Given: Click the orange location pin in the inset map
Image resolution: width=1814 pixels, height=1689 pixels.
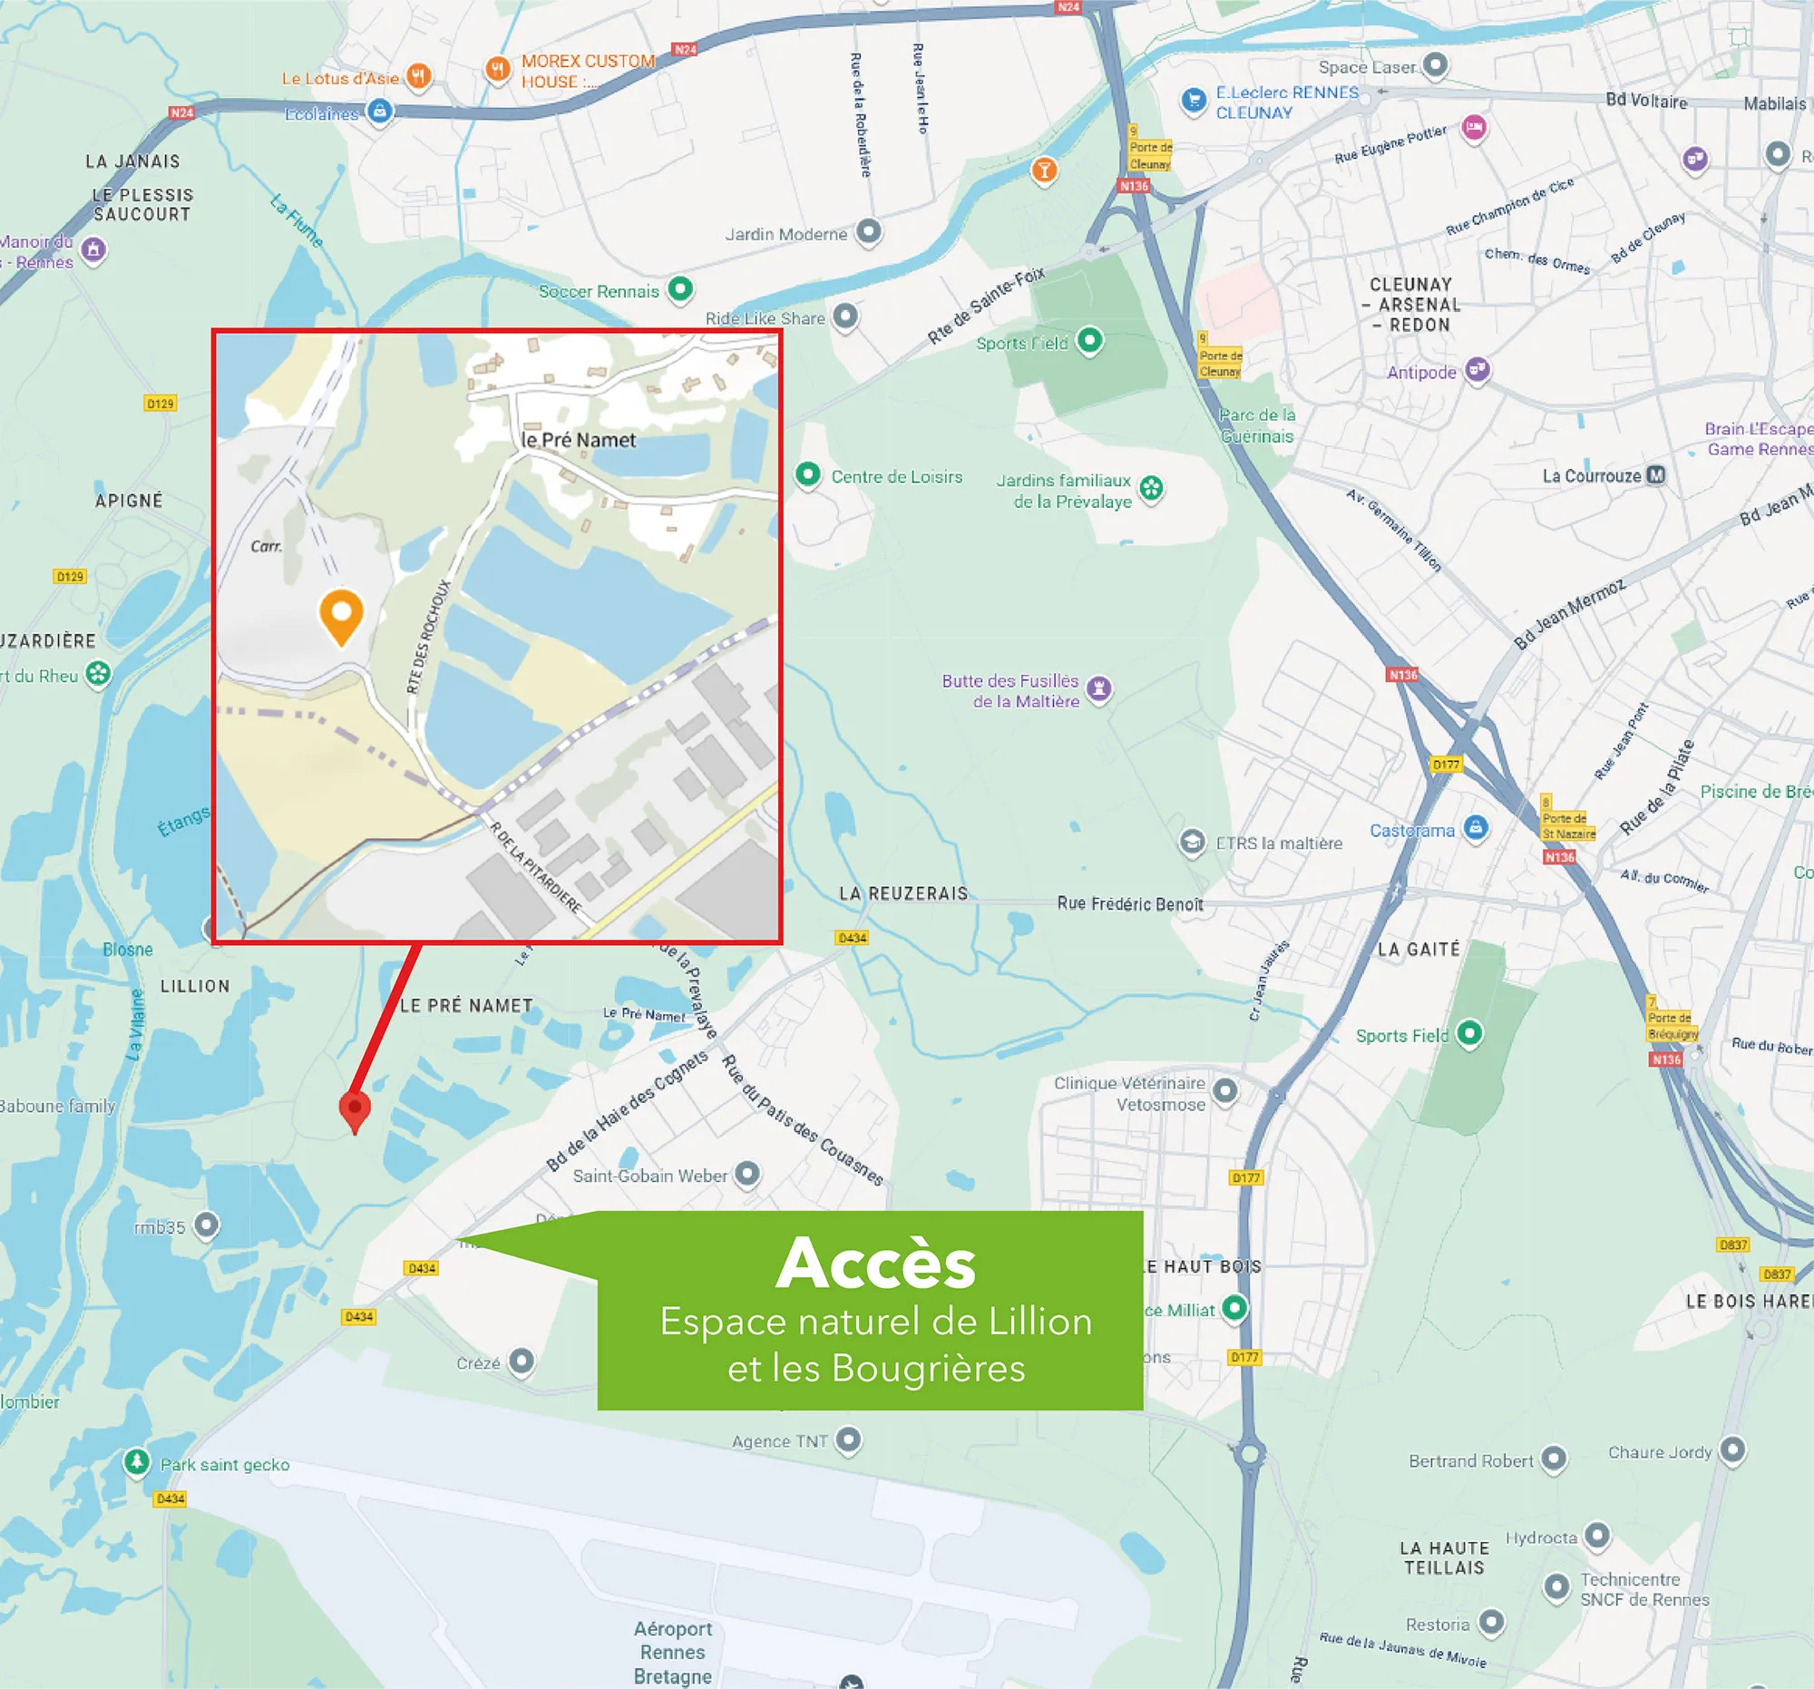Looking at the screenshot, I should [x=341, y=615].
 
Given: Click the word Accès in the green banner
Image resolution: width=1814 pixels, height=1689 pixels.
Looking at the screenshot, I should [x=876, y=1264].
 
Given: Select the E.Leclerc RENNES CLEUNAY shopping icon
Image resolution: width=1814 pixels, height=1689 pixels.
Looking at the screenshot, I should [x=1194, y=101].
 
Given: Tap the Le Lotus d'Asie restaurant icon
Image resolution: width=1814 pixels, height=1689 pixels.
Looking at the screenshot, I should [x=419, y=75].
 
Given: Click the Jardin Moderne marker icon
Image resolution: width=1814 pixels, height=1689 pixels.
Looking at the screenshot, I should [x=869, y=232].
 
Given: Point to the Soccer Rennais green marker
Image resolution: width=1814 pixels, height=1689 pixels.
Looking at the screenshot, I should [x=679, y=289].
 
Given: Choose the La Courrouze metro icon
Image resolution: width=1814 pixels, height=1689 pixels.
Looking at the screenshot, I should [x=1655, y=475].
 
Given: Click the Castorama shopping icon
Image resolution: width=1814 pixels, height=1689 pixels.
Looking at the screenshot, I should [x=1476, y=827].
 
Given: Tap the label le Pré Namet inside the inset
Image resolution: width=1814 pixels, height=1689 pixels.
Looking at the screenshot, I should [x=579, y=440].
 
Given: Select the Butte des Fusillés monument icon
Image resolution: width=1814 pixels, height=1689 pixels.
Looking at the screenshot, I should [x=1099, y=688].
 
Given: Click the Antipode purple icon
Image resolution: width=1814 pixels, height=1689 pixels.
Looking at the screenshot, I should [x=1478, y=369].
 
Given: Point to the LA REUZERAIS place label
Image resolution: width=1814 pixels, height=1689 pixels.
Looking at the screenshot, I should [x=903, y=893].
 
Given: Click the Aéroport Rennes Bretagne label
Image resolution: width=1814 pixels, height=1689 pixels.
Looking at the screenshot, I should [x=672, y=1652].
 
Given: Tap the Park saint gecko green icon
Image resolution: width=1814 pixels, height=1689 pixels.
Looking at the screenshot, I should [x=137, y=1462].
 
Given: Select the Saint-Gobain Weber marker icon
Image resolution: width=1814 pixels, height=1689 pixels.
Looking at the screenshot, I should [x=747, y=1174].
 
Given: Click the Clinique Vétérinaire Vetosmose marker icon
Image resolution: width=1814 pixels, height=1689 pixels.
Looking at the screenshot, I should [x=1225, y=1089].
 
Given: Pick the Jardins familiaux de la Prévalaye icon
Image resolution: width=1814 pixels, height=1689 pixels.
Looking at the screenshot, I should [x=1152, y=488].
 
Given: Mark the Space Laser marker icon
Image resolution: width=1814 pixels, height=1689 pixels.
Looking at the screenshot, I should [x=1435, y=64].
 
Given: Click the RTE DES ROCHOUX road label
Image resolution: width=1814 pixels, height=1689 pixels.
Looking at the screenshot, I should [x=429, y=636].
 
